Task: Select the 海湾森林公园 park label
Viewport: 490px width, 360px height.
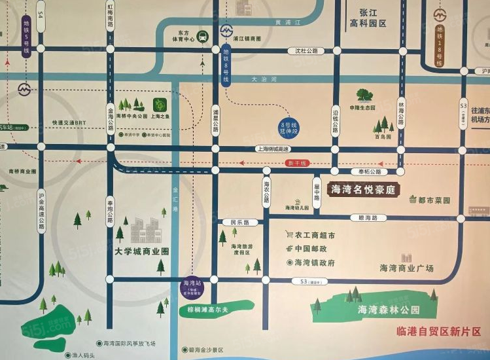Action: point(383,310)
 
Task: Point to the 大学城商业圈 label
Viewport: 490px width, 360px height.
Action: point(141,251)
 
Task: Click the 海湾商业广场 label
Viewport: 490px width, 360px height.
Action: point(406,268)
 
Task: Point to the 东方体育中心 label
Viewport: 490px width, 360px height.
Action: point(186,35)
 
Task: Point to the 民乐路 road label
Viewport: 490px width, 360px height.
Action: point(240,223)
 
